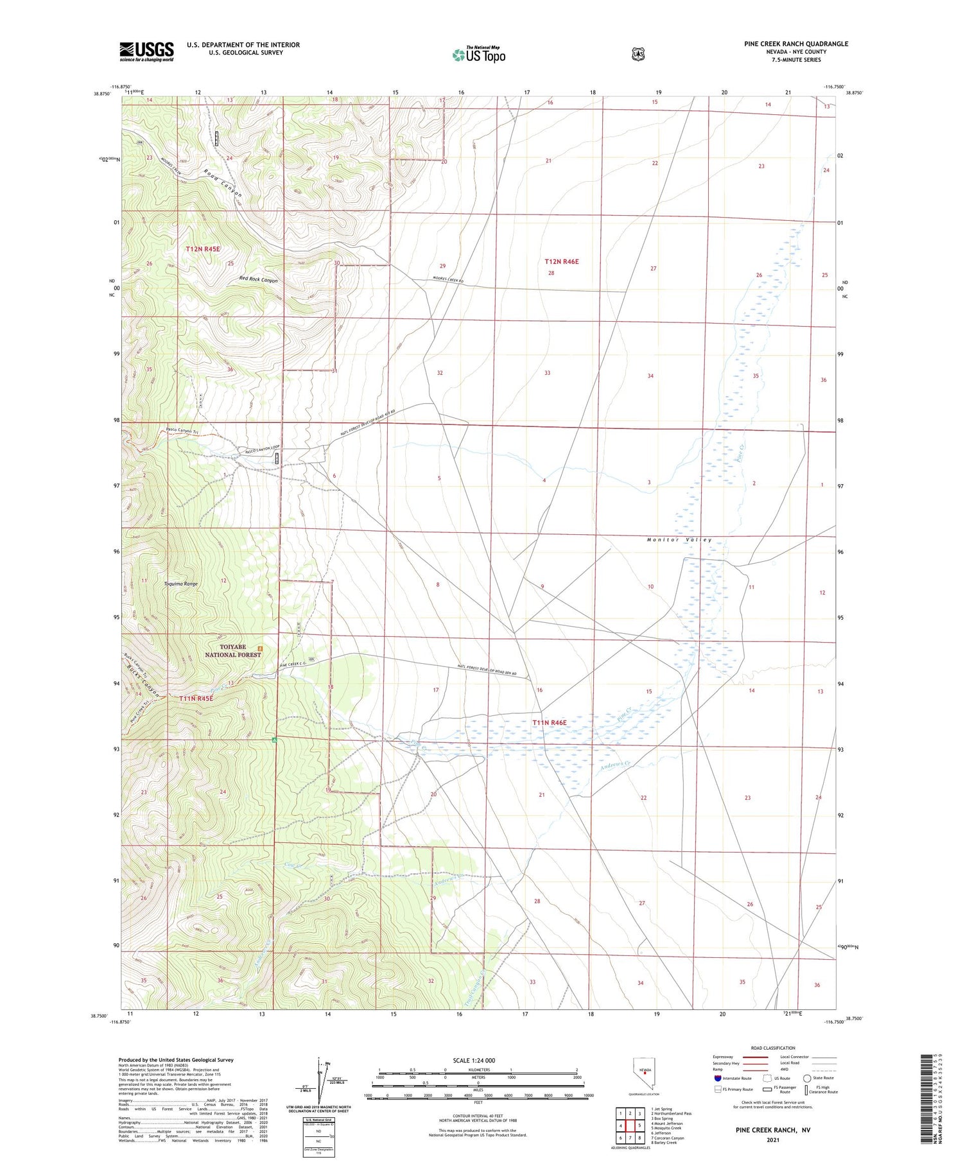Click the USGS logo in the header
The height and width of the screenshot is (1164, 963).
(x=146, y=51)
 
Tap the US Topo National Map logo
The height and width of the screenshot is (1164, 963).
(x=479, y=55)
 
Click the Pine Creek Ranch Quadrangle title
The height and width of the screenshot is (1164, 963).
(x=796, y=44)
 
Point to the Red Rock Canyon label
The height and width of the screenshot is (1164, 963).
(x=258, y=280)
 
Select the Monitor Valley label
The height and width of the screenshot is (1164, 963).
(x=679, y=540)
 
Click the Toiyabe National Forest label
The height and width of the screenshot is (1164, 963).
(x=232, y=650)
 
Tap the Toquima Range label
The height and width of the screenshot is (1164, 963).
(x=181, y=584)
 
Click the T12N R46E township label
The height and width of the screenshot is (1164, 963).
(x=561, y=261)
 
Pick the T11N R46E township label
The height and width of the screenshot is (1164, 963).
(x=549, y=722)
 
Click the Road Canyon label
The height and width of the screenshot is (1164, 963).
(x=223, y=183)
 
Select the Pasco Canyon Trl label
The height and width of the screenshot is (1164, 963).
(x=182, y=431)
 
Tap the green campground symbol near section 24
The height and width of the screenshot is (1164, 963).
(x=274, y=740)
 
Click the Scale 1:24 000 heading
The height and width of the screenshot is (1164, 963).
(x=474, y=1060)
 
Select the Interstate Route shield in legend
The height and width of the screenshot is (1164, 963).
(x=717, y=1078)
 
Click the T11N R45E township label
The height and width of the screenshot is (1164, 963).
(x=196, y=698)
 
